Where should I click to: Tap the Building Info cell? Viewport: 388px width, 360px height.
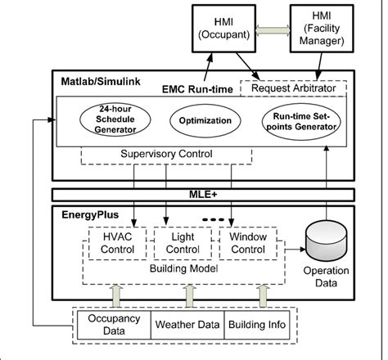[255, 325]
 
